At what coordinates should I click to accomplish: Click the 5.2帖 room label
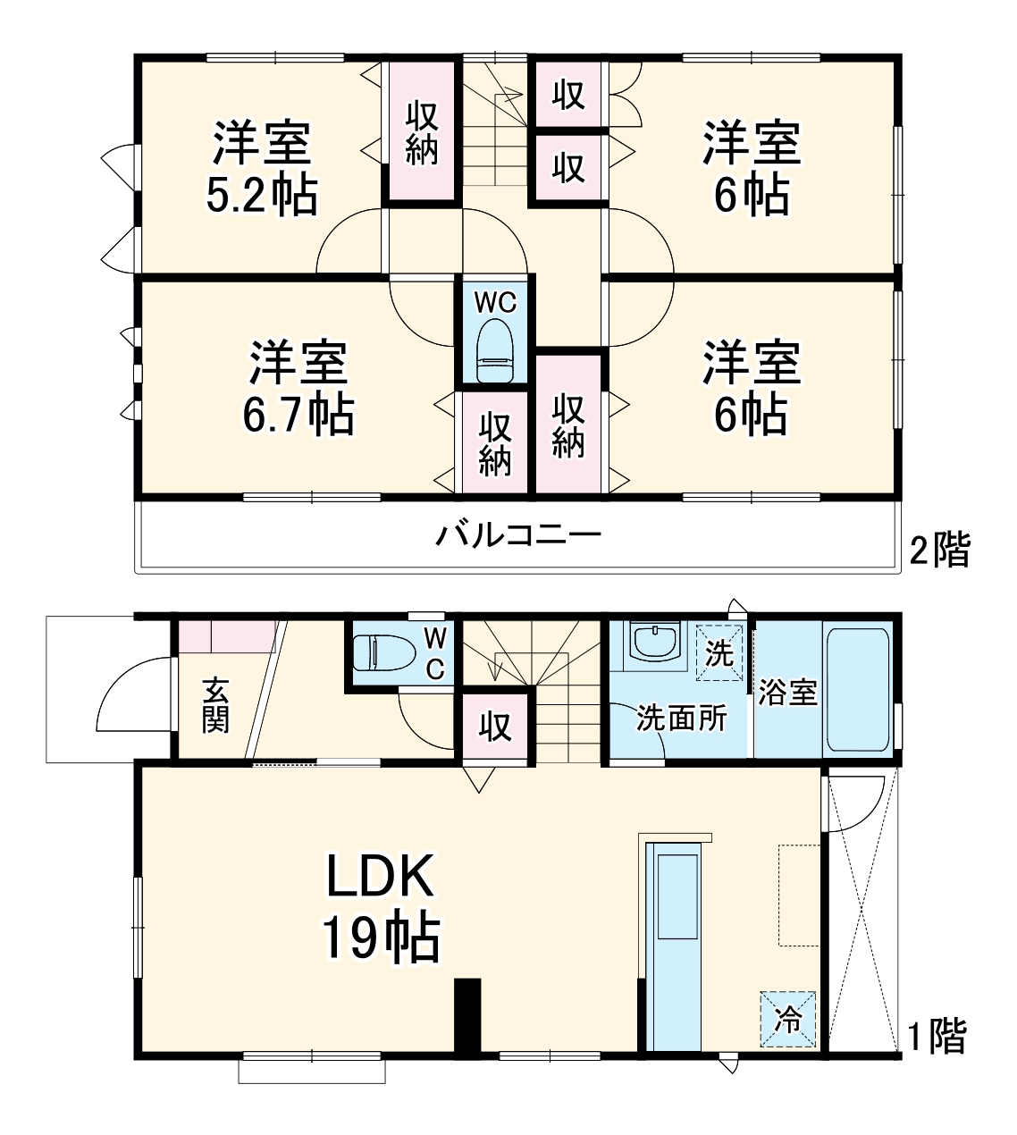pos(261,196)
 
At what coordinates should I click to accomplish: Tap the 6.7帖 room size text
pos(298,415)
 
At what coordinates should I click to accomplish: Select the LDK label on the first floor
pos(380,877)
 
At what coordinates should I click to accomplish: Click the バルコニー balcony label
pos(518,536)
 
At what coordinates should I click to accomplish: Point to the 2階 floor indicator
pos(938,551)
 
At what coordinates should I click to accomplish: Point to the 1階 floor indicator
pos(937,1038)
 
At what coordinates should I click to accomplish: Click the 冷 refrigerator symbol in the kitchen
pos(788,1019)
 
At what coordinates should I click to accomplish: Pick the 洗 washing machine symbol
pos(719,653)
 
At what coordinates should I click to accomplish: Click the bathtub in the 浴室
pos(857,690)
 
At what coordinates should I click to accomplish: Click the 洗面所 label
pos(681,719)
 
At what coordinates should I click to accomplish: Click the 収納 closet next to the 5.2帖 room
pos(422,132)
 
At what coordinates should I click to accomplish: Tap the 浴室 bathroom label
pos(788,693)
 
